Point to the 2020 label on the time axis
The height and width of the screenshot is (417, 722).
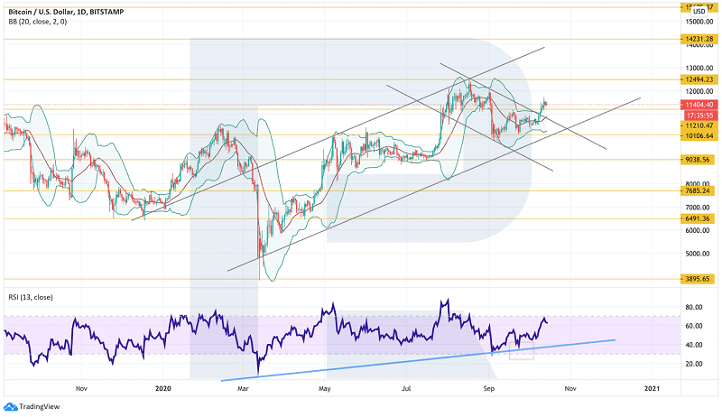[x=163, y=387]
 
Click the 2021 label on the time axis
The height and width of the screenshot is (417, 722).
[x=653, y=387]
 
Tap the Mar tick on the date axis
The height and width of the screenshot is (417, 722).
[x=243, y=387]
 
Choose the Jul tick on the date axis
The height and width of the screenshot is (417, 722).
[x=407, y=387]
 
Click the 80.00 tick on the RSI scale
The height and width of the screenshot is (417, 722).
[x=693, y=308]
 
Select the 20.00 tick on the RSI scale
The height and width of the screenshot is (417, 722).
[x=693, y=364]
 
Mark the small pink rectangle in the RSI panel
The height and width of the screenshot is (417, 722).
[x=521, y=353]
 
